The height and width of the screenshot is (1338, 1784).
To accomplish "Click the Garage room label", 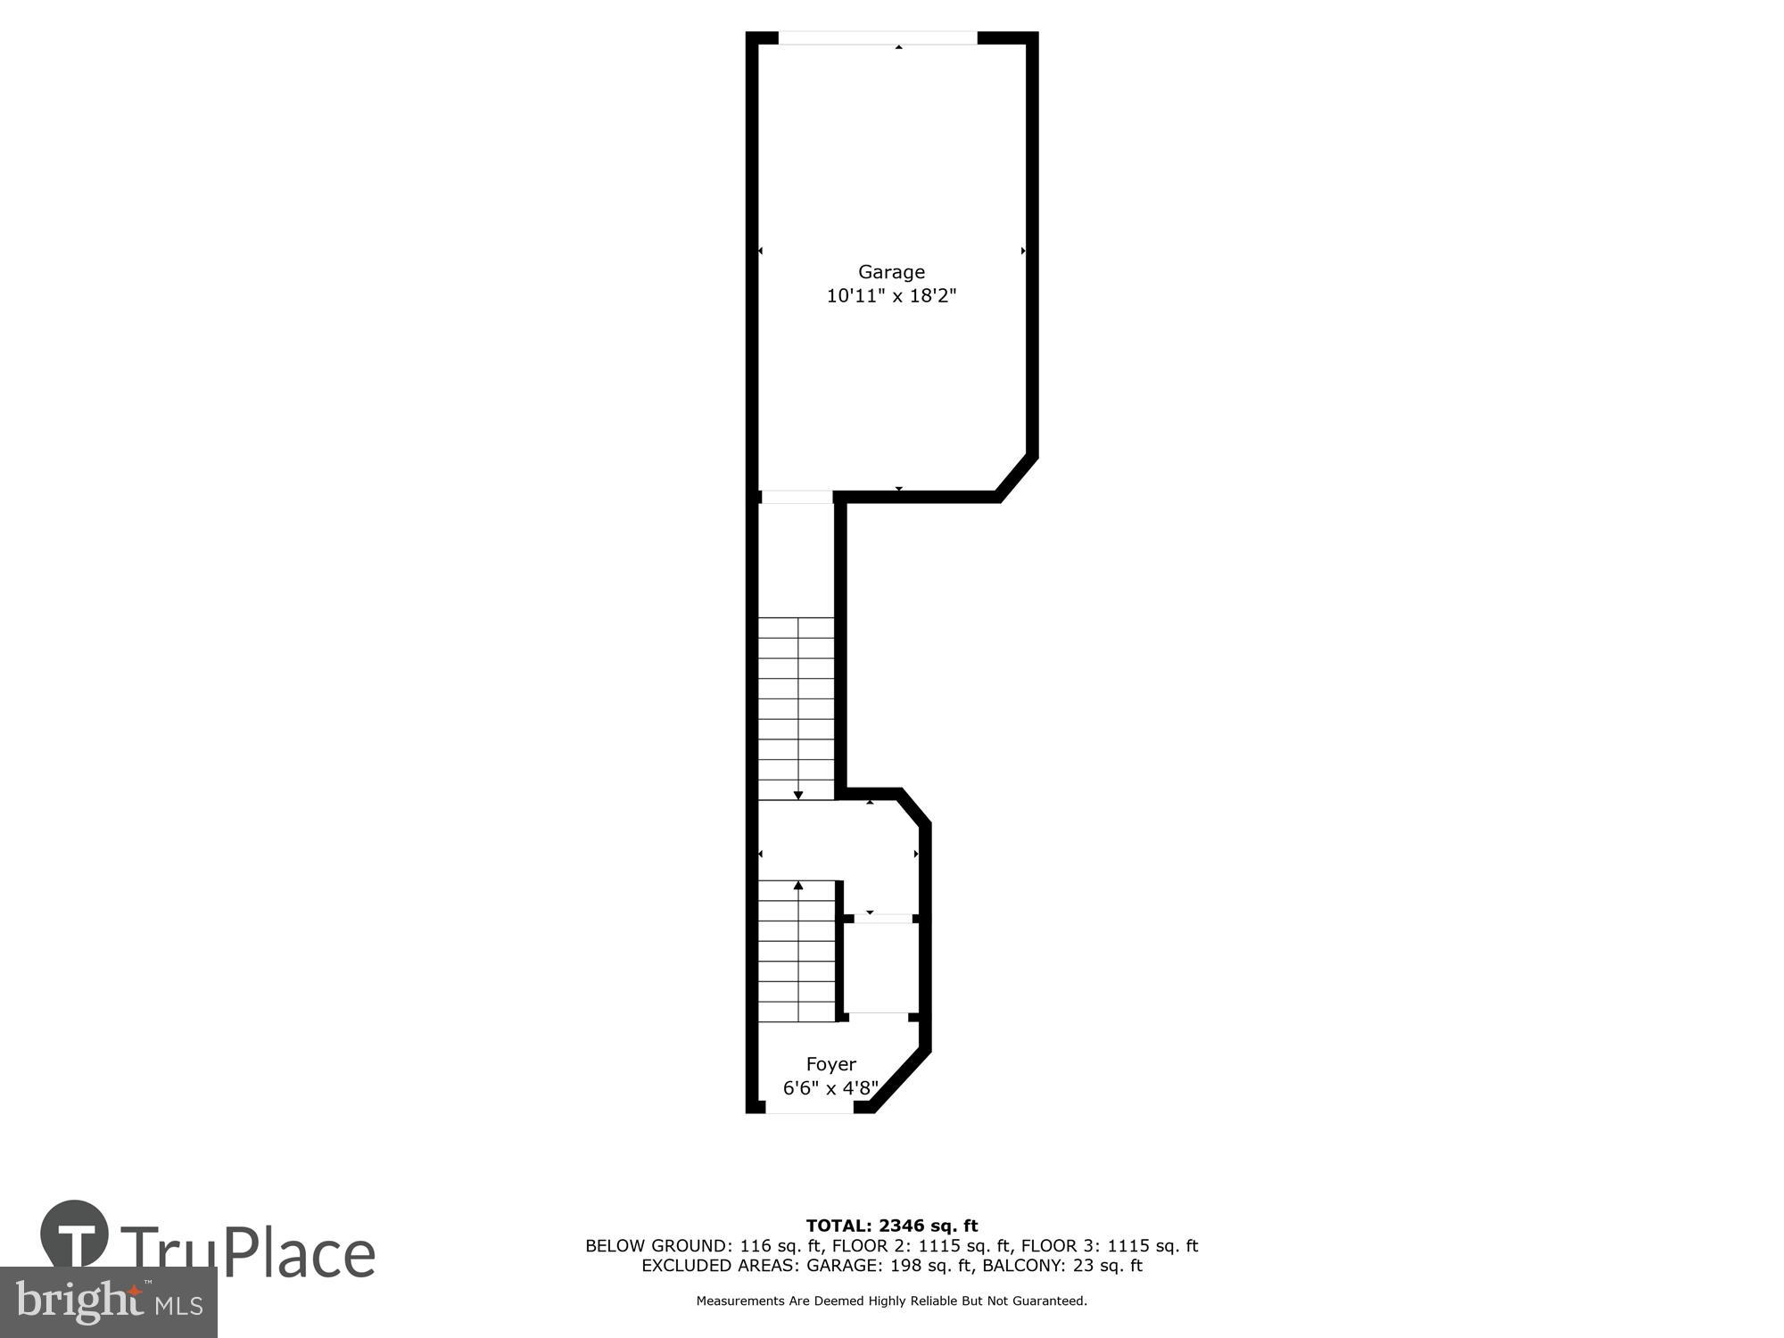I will pos(891,272).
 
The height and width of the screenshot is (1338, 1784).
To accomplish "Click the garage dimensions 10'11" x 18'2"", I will pos(891,296).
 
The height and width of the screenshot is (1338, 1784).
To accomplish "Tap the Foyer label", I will pos(830,1064).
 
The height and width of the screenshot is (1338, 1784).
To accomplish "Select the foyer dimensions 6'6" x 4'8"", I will pos(830,1088).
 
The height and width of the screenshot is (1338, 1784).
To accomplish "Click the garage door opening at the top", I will pos(878,38).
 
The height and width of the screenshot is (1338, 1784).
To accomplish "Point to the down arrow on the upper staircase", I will pos(798,794).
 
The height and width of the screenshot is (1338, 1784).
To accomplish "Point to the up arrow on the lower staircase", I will pos(798,886).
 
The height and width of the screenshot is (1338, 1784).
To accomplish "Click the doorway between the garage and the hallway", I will pos(796,497).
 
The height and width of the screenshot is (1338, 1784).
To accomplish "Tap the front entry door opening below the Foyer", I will pos(809,1108).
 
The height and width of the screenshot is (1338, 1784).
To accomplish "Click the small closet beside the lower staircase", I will pos(879,968).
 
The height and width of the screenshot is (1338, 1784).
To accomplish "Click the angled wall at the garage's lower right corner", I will pos(1017,477).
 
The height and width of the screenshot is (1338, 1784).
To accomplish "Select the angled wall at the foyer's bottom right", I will pos(901,1081).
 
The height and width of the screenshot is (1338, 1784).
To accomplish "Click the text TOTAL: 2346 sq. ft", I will pos(891,1226).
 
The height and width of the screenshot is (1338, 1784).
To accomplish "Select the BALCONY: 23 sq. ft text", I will pos(1062,1266).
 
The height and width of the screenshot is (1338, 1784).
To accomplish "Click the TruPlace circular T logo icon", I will pos(75,1235).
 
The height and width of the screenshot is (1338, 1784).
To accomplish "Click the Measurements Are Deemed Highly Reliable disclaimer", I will pos(891,1301).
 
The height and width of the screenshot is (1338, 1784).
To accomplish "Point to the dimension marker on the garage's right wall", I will pos(1023,252).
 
